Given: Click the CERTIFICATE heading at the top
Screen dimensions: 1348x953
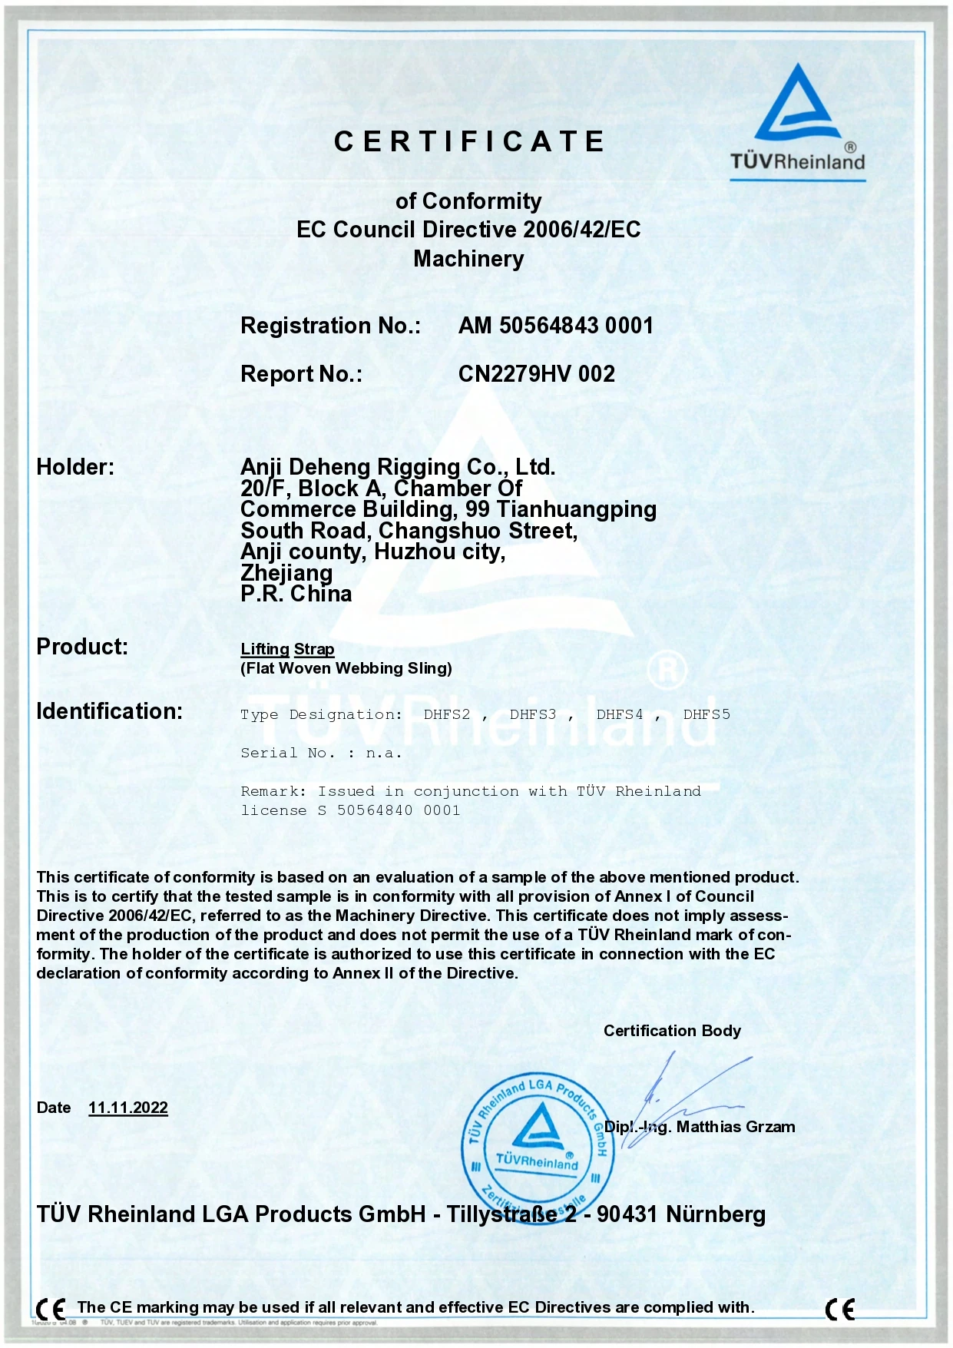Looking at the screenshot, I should coord(469,142).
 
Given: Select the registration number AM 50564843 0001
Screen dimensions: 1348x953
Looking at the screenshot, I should coord(555,326).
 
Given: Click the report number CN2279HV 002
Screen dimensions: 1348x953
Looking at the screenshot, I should coord(536,374).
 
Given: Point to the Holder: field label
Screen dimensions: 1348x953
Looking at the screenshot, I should coord(75,467).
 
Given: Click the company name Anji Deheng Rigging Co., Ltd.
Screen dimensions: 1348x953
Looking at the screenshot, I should coord(397,466).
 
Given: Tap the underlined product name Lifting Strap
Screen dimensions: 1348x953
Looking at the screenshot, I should coord(287,649).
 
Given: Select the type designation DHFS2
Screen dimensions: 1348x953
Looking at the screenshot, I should coord(446,714).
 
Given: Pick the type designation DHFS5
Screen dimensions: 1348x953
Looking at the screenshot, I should coord(706,714).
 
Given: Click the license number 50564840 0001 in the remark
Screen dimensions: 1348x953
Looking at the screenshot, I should coord(398,810).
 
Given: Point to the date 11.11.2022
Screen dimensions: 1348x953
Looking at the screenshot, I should coord(128,1108).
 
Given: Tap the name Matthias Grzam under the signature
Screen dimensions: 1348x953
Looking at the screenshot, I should coord(735,1127).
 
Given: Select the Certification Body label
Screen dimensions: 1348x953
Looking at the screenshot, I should coord(672,1031).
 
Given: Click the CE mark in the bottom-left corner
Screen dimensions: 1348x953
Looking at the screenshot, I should coord(51,1308).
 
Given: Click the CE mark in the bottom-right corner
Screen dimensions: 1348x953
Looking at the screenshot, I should coord(839,1309).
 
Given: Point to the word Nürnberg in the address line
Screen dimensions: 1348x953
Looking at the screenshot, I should coord(715,1214).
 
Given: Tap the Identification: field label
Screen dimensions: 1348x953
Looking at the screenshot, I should coord(109,711).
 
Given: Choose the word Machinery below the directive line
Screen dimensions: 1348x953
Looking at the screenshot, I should coord(468,259).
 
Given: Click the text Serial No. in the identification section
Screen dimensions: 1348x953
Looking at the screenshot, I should coord(287,753).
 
